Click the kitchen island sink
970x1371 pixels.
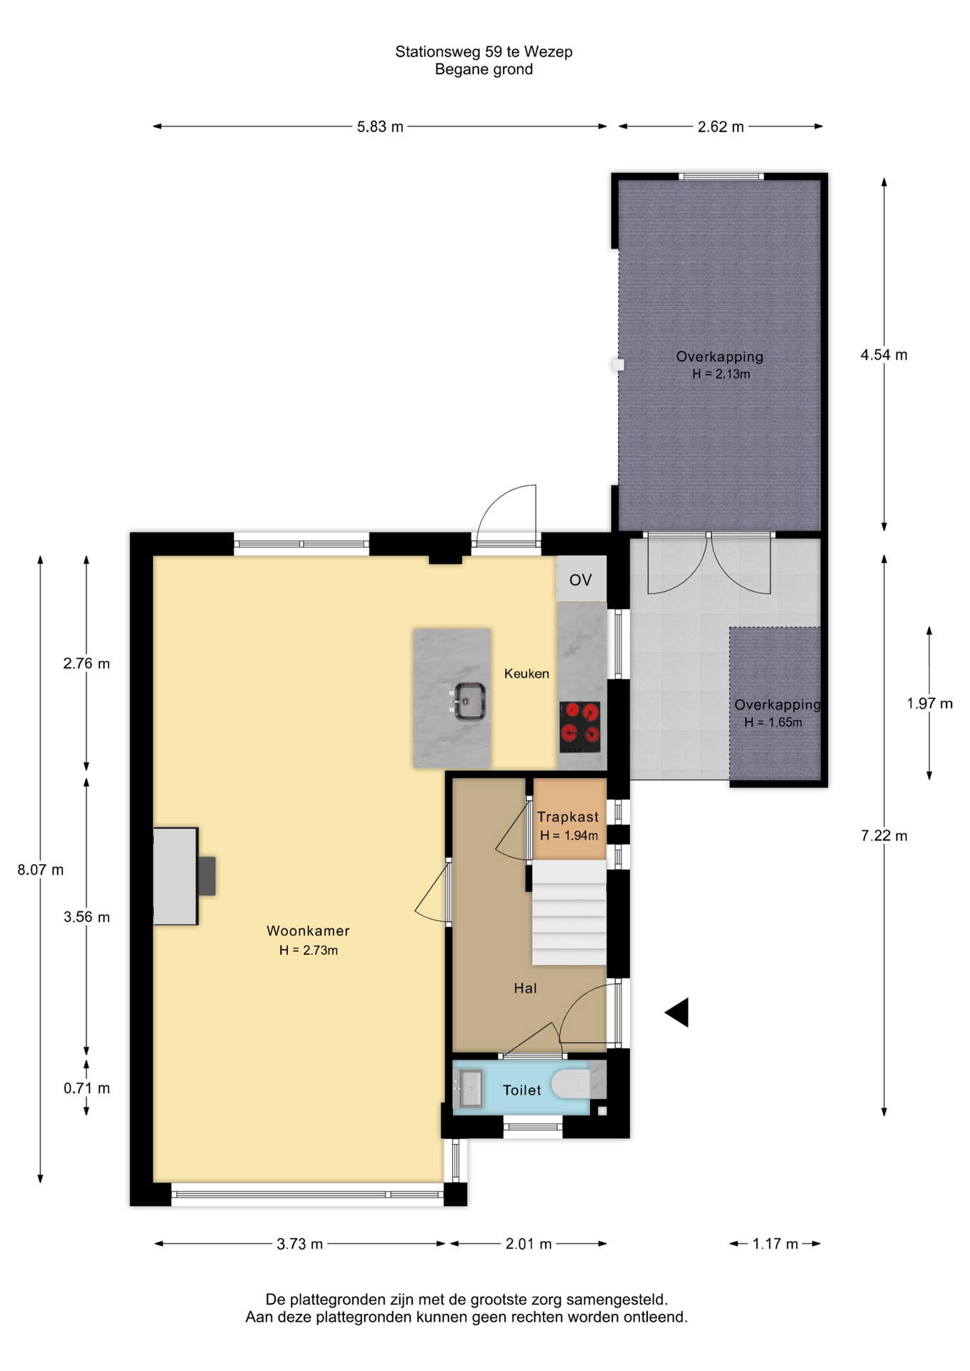469,701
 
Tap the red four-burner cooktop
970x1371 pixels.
580,727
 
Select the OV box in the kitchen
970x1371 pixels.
581,579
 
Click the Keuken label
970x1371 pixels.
526,673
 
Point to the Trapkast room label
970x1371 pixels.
568,817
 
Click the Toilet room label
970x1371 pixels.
522,1090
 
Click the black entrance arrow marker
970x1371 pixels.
676,1013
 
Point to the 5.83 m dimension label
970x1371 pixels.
380,127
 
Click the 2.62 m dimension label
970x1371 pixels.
721,127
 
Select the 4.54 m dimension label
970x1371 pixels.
884,355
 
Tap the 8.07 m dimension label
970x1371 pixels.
41,870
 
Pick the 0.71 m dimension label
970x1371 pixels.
86,1088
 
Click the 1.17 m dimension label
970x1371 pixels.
775,1244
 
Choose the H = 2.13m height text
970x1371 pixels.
721,374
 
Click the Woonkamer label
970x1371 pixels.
309,930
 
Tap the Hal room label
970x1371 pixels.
525,988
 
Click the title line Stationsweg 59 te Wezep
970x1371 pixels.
484,51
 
